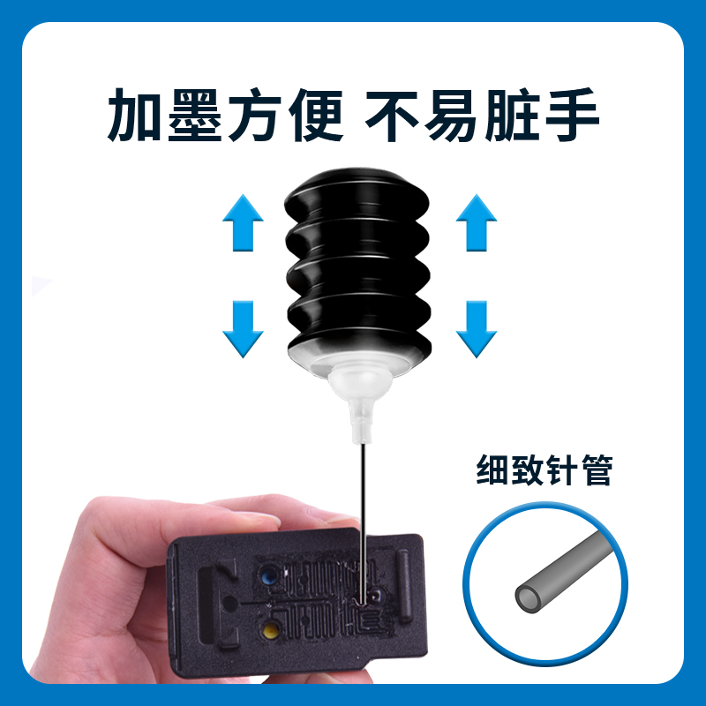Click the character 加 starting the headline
[x=135, y=116]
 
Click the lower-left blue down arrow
[x=243, y=327]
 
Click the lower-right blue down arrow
[x=477, y=327]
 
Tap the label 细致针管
[x=544, y=469]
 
